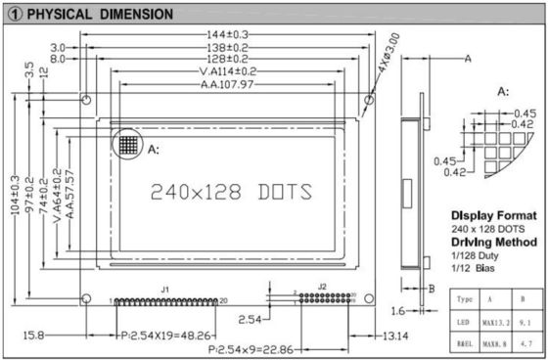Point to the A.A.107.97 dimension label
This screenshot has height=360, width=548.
pyautogui.click(x=227, y=85)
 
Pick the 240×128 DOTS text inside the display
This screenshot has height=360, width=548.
pyautogui.click(x=230, y=191)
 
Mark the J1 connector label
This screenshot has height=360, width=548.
pyautogui.click(x=165, y=289)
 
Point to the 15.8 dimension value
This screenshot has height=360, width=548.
pyautogui.click(x=33, y=336)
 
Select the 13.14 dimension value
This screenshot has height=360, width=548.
pyautogui.click(x=395, y=336)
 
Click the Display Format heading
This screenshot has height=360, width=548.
pyautogui.click(x=493, y=215)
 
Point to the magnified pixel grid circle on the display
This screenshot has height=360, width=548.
pyautogui.click(x=125, y=144)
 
